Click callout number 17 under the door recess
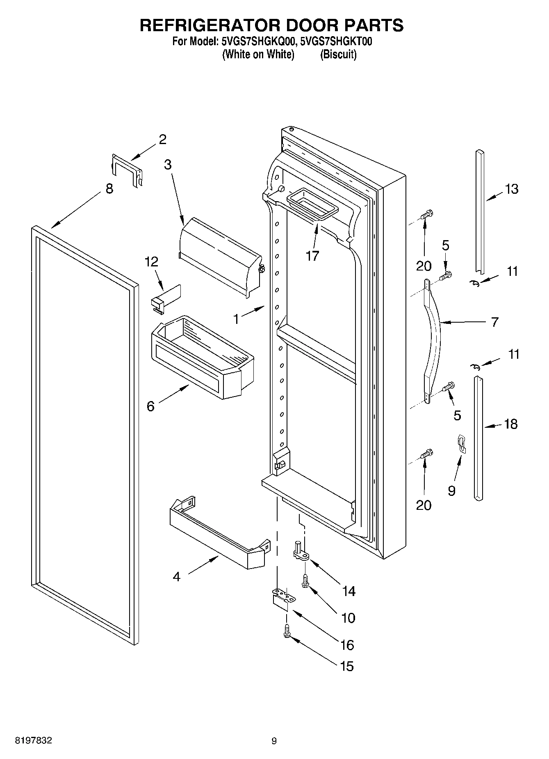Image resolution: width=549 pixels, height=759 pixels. coord(312,256)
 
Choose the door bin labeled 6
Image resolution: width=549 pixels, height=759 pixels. coord(202,357)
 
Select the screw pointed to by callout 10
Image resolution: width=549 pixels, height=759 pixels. coord(305,580)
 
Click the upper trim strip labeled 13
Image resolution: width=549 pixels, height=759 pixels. coord(479,211)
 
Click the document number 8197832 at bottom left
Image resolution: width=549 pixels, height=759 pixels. coord(34,741)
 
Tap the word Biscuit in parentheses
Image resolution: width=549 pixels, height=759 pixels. coord(338,55)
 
